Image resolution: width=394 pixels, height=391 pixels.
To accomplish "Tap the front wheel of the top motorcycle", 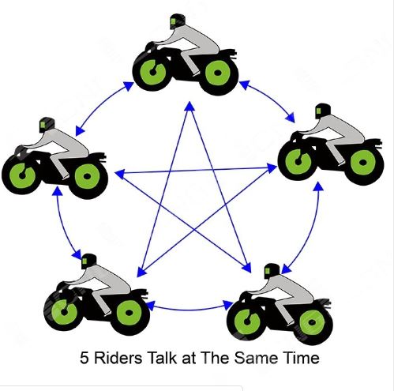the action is tap(152, 72).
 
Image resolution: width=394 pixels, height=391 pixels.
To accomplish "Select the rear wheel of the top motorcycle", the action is tap(218, 73).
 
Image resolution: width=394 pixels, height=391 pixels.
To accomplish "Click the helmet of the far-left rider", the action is tap(47, 125).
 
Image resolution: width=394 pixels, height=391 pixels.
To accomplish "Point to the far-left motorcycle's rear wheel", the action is tap(88, 176).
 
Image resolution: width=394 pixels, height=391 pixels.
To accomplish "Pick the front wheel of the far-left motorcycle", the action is tap(21, 175).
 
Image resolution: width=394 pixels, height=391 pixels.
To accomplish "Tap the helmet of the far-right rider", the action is tap(322, 111).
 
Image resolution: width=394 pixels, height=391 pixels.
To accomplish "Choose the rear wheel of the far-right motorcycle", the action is tap(364, 163).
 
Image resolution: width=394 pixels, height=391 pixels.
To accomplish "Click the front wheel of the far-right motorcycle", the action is tap(298, 161).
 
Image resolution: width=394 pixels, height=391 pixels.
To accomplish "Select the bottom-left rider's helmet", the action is tap(88, 261).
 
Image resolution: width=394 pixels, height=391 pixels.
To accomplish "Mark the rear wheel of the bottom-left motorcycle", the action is tap(129, 313).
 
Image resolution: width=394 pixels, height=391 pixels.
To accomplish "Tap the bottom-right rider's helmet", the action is tap(272, 271).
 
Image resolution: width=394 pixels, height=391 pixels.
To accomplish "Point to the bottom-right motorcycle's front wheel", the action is tap(246, 321).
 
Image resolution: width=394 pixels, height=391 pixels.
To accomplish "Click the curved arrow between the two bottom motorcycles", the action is tap(189, 309).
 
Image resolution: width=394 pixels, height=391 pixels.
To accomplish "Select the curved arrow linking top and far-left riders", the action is tap(100, 105).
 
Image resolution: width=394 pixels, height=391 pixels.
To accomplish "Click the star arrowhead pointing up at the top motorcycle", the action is tap(189, 106).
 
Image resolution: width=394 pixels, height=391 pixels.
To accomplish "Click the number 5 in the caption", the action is tap(84, 358).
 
